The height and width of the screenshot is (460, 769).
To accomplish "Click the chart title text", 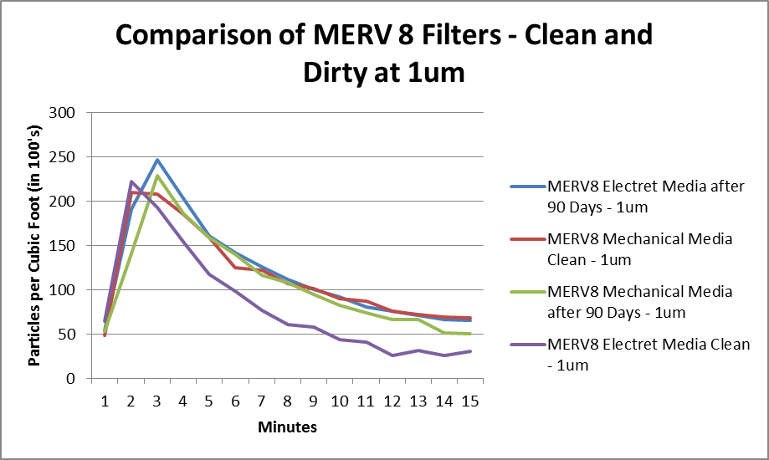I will tap(384, 54).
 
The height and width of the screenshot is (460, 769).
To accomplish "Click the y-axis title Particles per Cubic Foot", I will tap(36, 246).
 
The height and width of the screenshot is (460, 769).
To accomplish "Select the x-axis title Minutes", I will tap(287, 427).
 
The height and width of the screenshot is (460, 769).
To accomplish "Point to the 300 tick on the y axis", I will tap(64, 113).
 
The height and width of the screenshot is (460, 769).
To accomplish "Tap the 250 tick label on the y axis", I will tap(64, 157).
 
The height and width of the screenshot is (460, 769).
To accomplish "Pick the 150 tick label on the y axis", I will tap(64, 246).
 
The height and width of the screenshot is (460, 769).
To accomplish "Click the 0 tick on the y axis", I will tap(71, 379).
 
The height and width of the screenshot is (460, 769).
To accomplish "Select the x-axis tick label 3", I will tap(156, 401).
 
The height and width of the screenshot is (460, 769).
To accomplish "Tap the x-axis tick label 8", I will tap(287, 401).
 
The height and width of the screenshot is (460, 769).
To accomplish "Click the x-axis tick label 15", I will tap(470, 401).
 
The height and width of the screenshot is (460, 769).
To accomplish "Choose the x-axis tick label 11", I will tap(366, 401).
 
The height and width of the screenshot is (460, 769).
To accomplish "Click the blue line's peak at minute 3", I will tap(156, 160).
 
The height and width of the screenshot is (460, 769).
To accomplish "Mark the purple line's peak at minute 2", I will tap(131, 181).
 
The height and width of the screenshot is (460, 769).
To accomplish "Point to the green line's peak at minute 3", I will tap(156, 176).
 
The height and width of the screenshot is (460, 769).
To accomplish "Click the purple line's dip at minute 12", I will tap(392, 355).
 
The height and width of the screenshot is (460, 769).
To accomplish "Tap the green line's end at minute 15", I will tap(470, 334).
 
